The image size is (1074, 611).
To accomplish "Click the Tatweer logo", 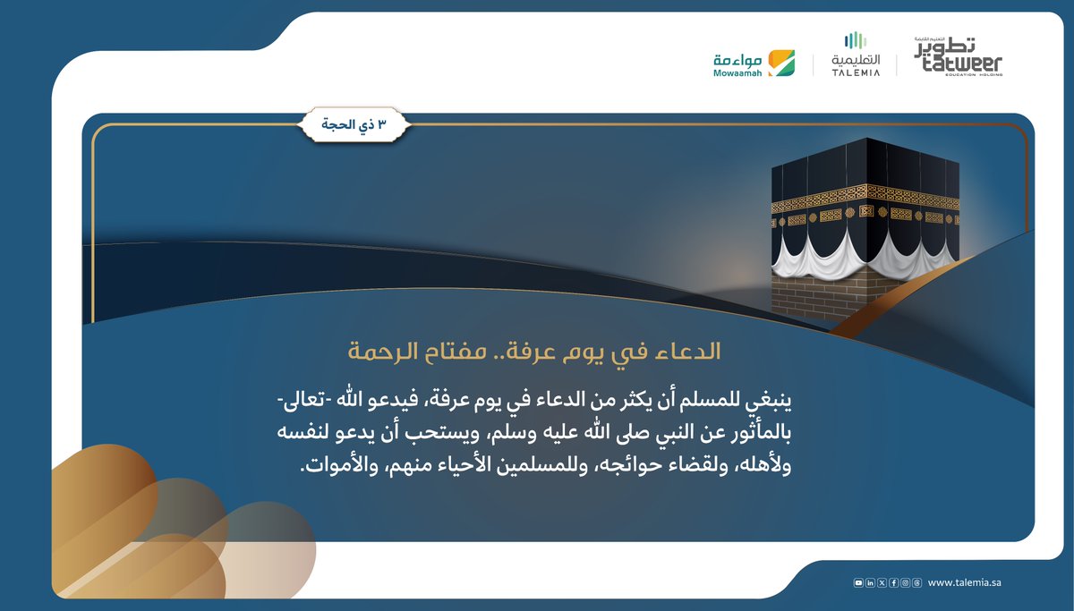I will [x=959, y=56].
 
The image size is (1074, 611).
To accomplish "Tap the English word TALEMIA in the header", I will [x=856, y=72].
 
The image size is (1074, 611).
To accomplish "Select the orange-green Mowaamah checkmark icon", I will [x=781, y=63].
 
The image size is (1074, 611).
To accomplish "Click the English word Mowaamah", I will [x=737, y=73].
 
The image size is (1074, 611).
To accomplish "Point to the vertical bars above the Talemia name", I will [x=856, y=40].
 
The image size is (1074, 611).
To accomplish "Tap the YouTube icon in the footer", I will [x=859, y=583].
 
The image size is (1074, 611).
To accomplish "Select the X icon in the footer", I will [x=882, y=583].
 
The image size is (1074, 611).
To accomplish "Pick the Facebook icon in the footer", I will [x=893, y=583].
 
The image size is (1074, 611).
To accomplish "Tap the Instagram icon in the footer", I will [x=905, y=583].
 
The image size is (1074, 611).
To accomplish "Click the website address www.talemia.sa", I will [x=964, y=583].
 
